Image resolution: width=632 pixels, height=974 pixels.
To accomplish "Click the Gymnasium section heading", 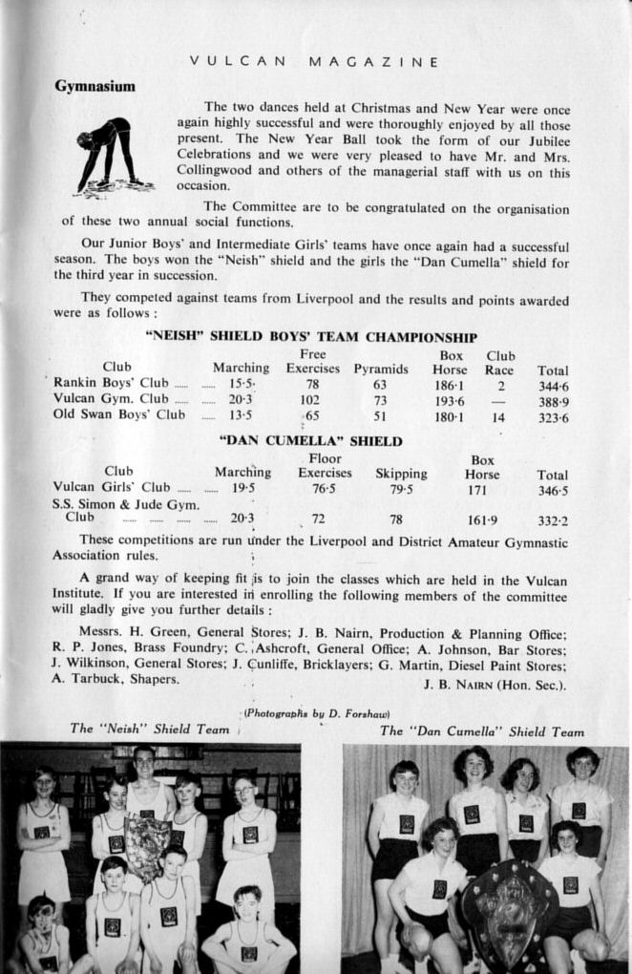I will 95,87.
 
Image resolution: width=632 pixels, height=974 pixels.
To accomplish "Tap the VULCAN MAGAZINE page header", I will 314,62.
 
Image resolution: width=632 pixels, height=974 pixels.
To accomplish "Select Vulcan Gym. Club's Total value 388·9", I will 552,399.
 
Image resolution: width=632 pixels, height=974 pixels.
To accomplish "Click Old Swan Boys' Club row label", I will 119,414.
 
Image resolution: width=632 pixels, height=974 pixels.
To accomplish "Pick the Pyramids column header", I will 381,370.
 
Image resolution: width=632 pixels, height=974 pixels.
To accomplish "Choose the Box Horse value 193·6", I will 450,399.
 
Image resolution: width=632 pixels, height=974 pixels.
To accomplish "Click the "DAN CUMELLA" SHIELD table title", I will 311,442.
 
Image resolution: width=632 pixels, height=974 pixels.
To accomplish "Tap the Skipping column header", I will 401,474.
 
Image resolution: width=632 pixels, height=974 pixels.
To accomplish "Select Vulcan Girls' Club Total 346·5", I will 552,491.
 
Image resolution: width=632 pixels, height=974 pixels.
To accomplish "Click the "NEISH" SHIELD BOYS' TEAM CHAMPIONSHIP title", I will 311,337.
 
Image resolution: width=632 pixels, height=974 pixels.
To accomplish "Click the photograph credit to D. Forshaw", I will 316,713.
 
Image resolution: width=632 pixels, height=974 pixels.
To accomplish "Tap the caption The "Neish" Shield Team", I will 150,730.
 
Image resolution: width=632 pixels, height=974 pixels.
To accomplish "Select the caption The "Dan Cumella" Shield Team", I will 481,731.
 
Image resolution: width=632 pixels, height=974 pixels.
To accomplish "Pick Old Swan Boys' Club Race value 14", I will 498,415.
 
